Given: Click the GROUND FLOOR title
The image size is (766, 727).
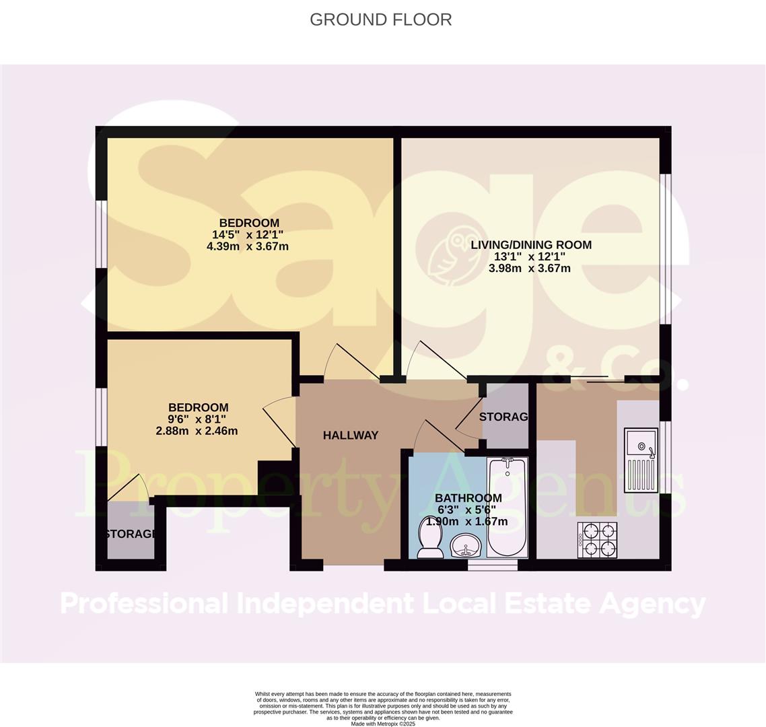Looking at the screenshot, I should [x=380, y=20].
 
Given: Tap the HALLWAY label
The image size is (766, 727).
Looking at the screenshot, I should [x=350, y=436].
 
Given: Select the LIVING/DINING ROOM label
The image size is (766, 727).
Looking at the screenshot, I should [x=530, y=244].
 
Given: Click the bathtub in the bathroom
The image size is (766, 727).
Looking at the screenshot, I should [x=508, y=507].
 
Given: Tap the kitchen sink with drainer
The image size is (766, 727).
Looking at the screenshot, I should [x=640, y=460].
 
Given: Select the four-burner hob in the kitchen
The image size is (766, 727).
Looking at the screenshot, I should [x=597, y=539].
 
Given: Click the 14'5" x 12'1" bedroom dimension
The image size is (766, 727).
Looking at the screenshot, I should [x=248, y=235].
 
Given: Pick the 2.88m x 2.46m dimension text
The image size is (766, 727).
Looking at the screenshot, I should [x=197, y=431].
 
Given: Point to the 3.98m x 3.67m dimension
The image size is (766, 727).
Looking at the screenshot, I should [x=530, y=269].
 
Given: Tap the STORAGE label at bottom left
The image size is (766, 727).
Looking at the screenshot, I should [x=131, y=534].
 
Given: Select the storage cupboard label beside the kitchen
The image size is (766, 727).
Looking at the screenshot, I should [x=503, y=417].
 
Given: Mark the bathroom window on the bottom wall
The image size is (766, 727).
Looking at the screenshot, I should [x=493, y=565].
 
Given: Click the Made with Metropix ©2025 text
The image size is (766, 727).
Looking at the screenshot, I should [x=383, y=724].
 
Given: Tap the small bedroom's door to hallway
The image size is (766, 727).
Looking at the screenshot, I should [x=278, y=421].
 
